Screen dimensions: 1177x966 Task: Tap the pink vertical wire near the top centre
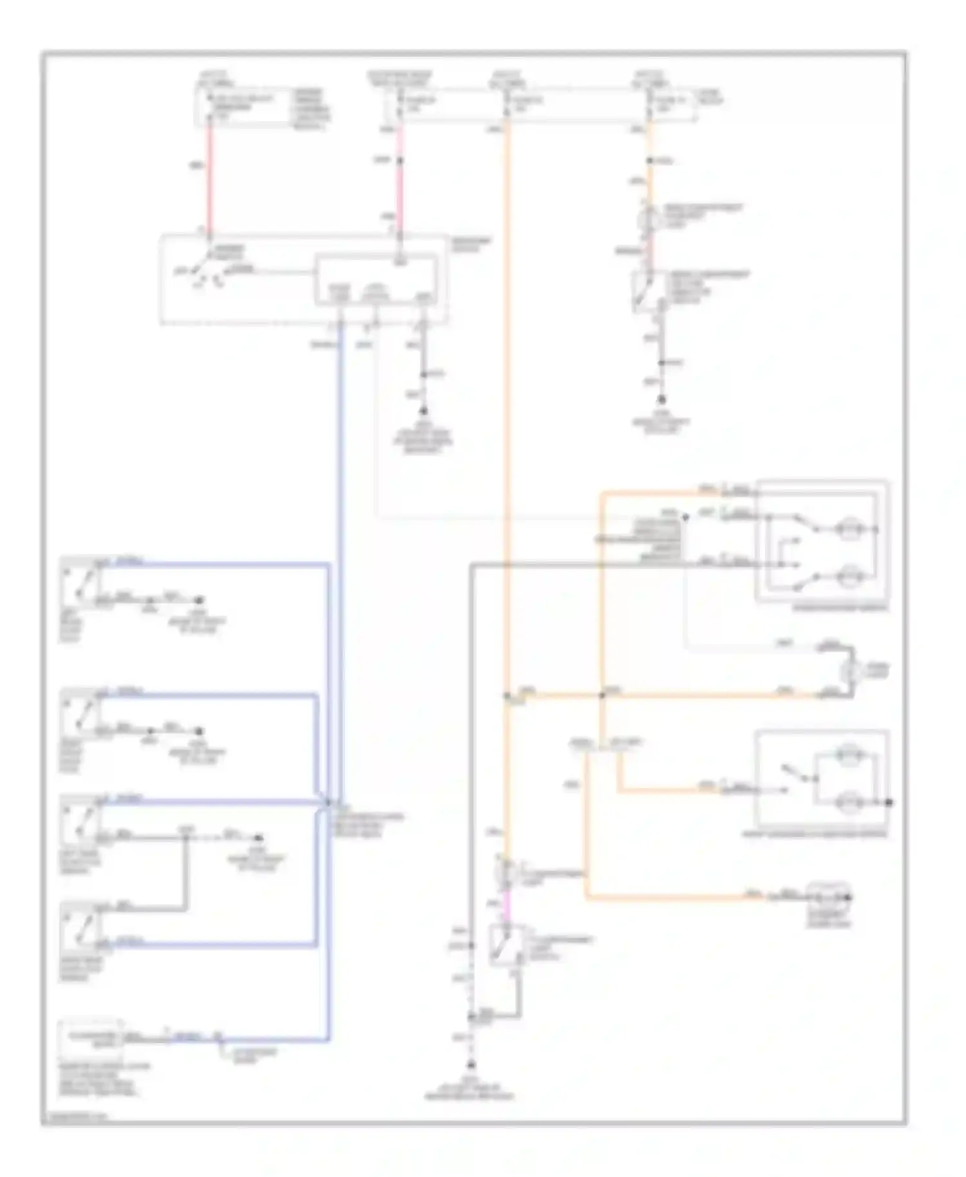click(400, 187)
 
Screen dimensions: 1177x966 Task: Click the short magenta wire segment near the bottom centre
click(506, 905)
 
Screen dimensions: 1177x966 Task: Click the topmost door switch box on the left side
click(80, 583)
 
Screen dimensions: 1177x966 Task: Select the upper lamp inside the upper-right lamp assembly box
click(849, 529)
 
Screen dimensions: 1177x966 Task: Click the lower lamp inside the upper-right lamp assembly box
click(849, 576)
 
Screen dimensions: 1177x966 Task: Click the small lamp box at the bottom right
click(828, 898)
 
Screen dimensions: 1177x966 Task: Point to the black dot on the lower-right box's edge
click(889, 802)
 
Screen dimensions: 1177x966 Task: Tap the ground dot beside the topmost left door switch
click(200, 599)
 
